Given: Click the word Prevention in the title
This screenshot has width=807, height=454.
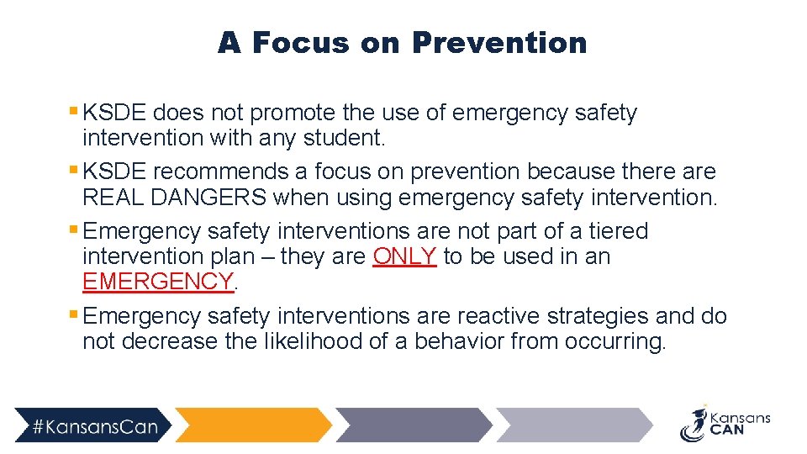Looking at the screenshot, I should [x=499, y=42].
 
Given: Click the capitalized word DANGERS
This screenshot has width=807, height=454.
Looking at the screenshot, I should [x=221, y=197].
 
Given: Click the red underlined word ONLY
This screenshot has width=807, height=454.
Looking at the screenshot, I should [x=404, y=256].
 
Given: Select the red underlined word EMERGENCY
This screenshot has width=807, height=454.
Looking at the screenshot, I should [x=157, y=282].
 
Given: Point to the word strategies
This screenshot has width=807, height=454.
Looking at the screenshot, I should [x=599, y=316].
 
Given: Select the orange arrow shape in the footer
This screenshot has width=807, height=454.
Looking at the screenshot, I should [x=252, y=425].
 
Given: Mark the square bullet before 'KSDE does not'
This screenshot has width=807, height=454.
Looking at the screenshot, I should [x=74, y=110].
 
